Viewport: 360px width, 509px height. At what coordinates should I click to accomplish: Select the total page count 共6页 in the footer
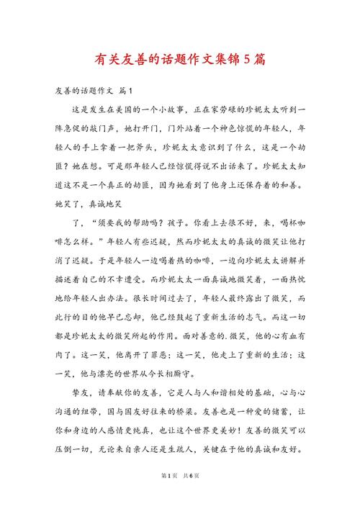[192, 495]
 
